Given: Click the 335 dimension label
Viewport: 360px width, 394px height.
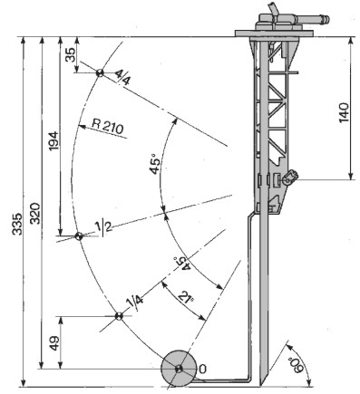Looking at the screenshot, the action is (x=17, y=224).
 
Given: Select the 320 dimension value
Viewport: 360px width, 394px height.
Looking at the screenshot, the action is (x=35, y=213).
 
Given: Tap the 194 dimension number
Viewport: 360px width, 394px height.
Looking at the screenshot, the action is (x=54, y=141).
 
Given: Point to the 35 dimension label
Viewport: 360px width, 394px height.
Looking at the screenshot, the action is (x=71, y=54).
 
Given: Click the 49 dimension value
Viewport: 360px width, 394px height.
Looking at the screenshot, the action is (x=54, y=343).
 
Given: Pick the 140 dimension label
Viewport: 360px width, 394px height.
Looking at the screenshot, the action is (x=344, y=112).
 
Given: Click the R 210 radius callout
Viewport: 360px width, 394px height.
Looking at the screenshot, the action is (x=108, y=127).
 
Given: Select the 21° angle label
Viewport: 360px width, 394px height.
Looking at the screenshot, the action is (x=185, y=297).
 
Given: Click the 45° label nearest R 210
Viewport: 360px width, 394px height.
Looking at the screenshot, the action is (x=155, y=163).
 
